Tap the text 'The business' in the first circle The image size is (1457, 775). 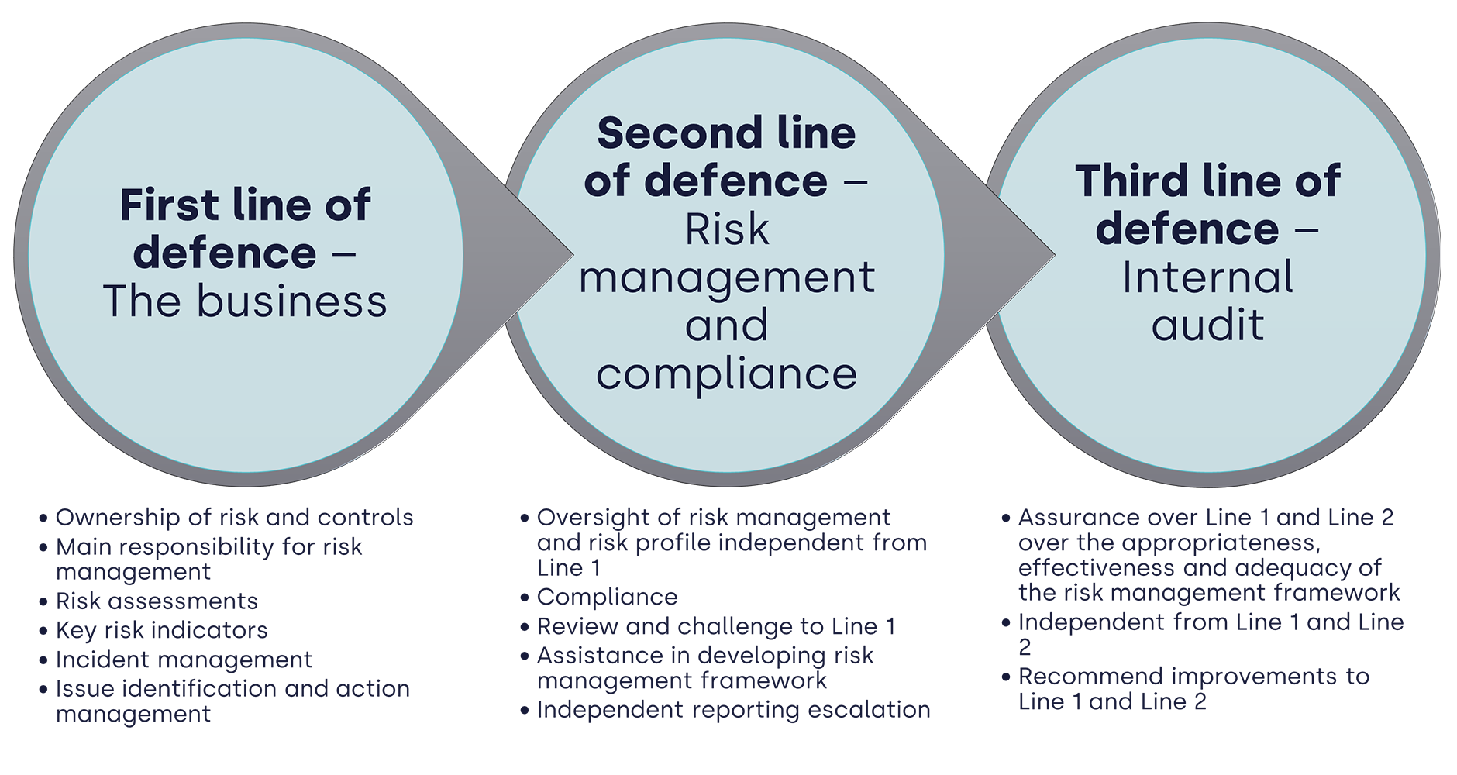click(245, 301)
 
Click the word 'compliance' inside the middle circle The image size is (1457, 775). click(726, 374)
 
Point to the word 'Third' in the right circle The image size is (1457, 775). click(1131, 182)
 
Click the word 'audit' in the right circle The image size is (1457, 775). click(1207, 325)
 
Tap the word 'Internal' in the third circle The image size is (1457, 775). click(1207, 277)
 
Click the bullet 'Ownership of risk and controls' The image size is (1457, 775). click(234, 518)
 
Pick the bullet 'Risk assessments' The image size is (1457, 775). click(157, 601)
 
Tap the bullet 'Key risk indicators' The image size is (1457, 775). click(161, 630)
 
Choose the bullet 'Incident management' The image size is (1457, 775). click(184, 660)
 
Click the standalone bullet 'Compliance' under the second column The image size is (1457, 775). click(607, 598)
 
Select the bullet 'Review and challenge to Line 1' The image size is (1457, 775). click(715, 626)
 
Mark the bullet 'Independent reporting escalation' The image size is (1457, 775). click(733, 710)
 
